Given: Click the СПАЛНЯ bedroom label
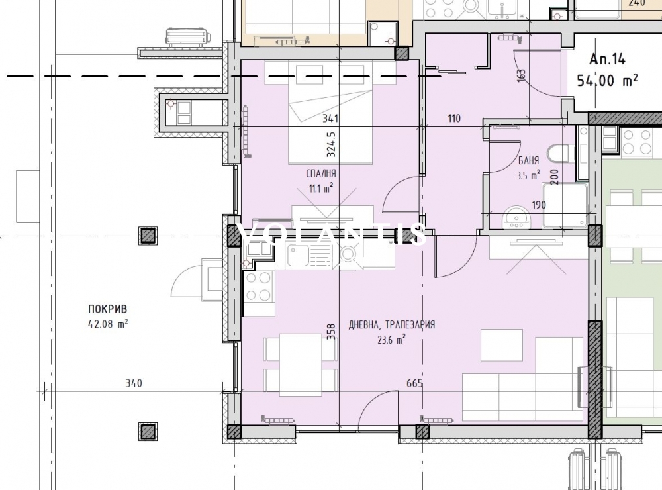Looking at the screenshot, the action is (321, 173).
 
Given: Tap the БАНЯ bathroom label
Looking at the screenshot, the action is (528, 160).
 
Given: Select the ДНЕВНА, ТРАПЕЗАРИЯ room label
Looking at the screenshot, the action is (392, 325).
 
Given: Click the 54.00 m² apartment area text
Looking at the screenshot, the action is (608, 79).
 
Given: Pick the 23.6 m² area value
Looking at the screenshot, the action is (392, 339).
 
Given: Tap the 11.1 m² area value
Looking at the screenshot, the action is (321, 187).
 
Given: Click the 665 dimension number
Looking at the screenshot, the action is (414, 383).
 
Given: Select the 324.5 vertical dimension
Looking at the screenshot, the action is (331, 144).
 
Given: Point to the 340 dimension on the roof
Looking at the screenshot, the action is (134, 383).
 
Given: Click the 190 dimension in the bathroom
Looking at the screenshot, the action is (539, 205).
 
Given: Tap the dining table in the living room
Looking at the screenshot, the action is (301, 365).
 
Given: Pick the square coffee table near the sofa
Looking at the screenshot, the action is (502, 345).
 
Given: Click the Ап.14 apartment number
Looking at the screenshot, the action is (607, 59).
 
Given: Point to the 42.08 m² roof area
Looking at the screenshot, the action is (108, 324).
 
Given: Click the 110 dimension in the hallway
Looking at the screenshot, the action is (454, 119).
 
